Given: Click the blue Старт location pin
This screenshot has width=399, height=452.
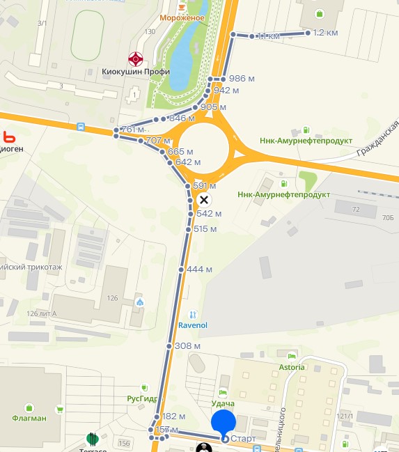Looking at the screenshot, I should click(x=224, y=423).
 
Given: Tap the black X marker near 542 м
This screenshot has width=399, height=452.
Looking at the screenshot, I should click(x=203, y=201).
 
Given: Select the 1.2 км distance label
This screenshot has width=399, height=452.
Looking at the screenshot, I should click(x=325, y=33).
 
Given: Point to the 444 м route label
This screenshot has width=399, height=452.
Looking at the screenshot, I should click(x=199, y=270).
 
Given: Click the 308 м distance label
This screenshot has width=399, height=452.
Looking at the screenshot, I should click(x=187, y=346).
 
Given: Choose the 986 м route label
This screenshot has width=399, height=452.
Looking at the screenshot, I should click(x=237, y=78).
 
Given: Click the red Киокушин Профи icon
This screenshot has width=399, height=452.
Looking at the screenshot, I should click(x=136, y=59).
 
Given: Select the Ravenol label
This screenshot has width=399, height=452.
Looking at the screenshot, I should click(x=193, y=325).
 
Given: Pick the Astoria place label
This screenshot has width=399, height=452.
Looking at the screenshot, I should click(x=292, y=367).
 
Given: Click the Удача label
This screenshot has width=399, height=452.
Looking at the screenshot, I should click(x=223, y=404).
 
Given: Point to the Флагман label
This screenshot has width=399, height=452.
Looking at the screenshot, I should click(x=29, y=419).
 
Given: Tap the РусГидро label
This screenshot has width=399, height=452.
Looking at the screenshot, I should click(x=141, y=399).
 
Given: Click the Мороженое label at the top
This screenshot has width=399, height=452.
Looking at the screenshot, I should click(x=182, y=17).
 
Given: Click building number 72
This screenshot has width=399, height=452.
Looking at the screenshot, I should click(x=356, y=209).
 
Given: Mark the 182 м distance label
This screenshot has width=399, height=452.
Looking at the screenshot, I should click(x=173, y=416).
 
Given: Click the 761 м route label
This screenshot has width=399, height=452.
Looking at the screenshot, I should click(x=132, y=130).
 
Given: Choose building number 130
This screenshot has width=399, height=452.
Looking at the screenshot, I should click(x=150, y=32).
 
